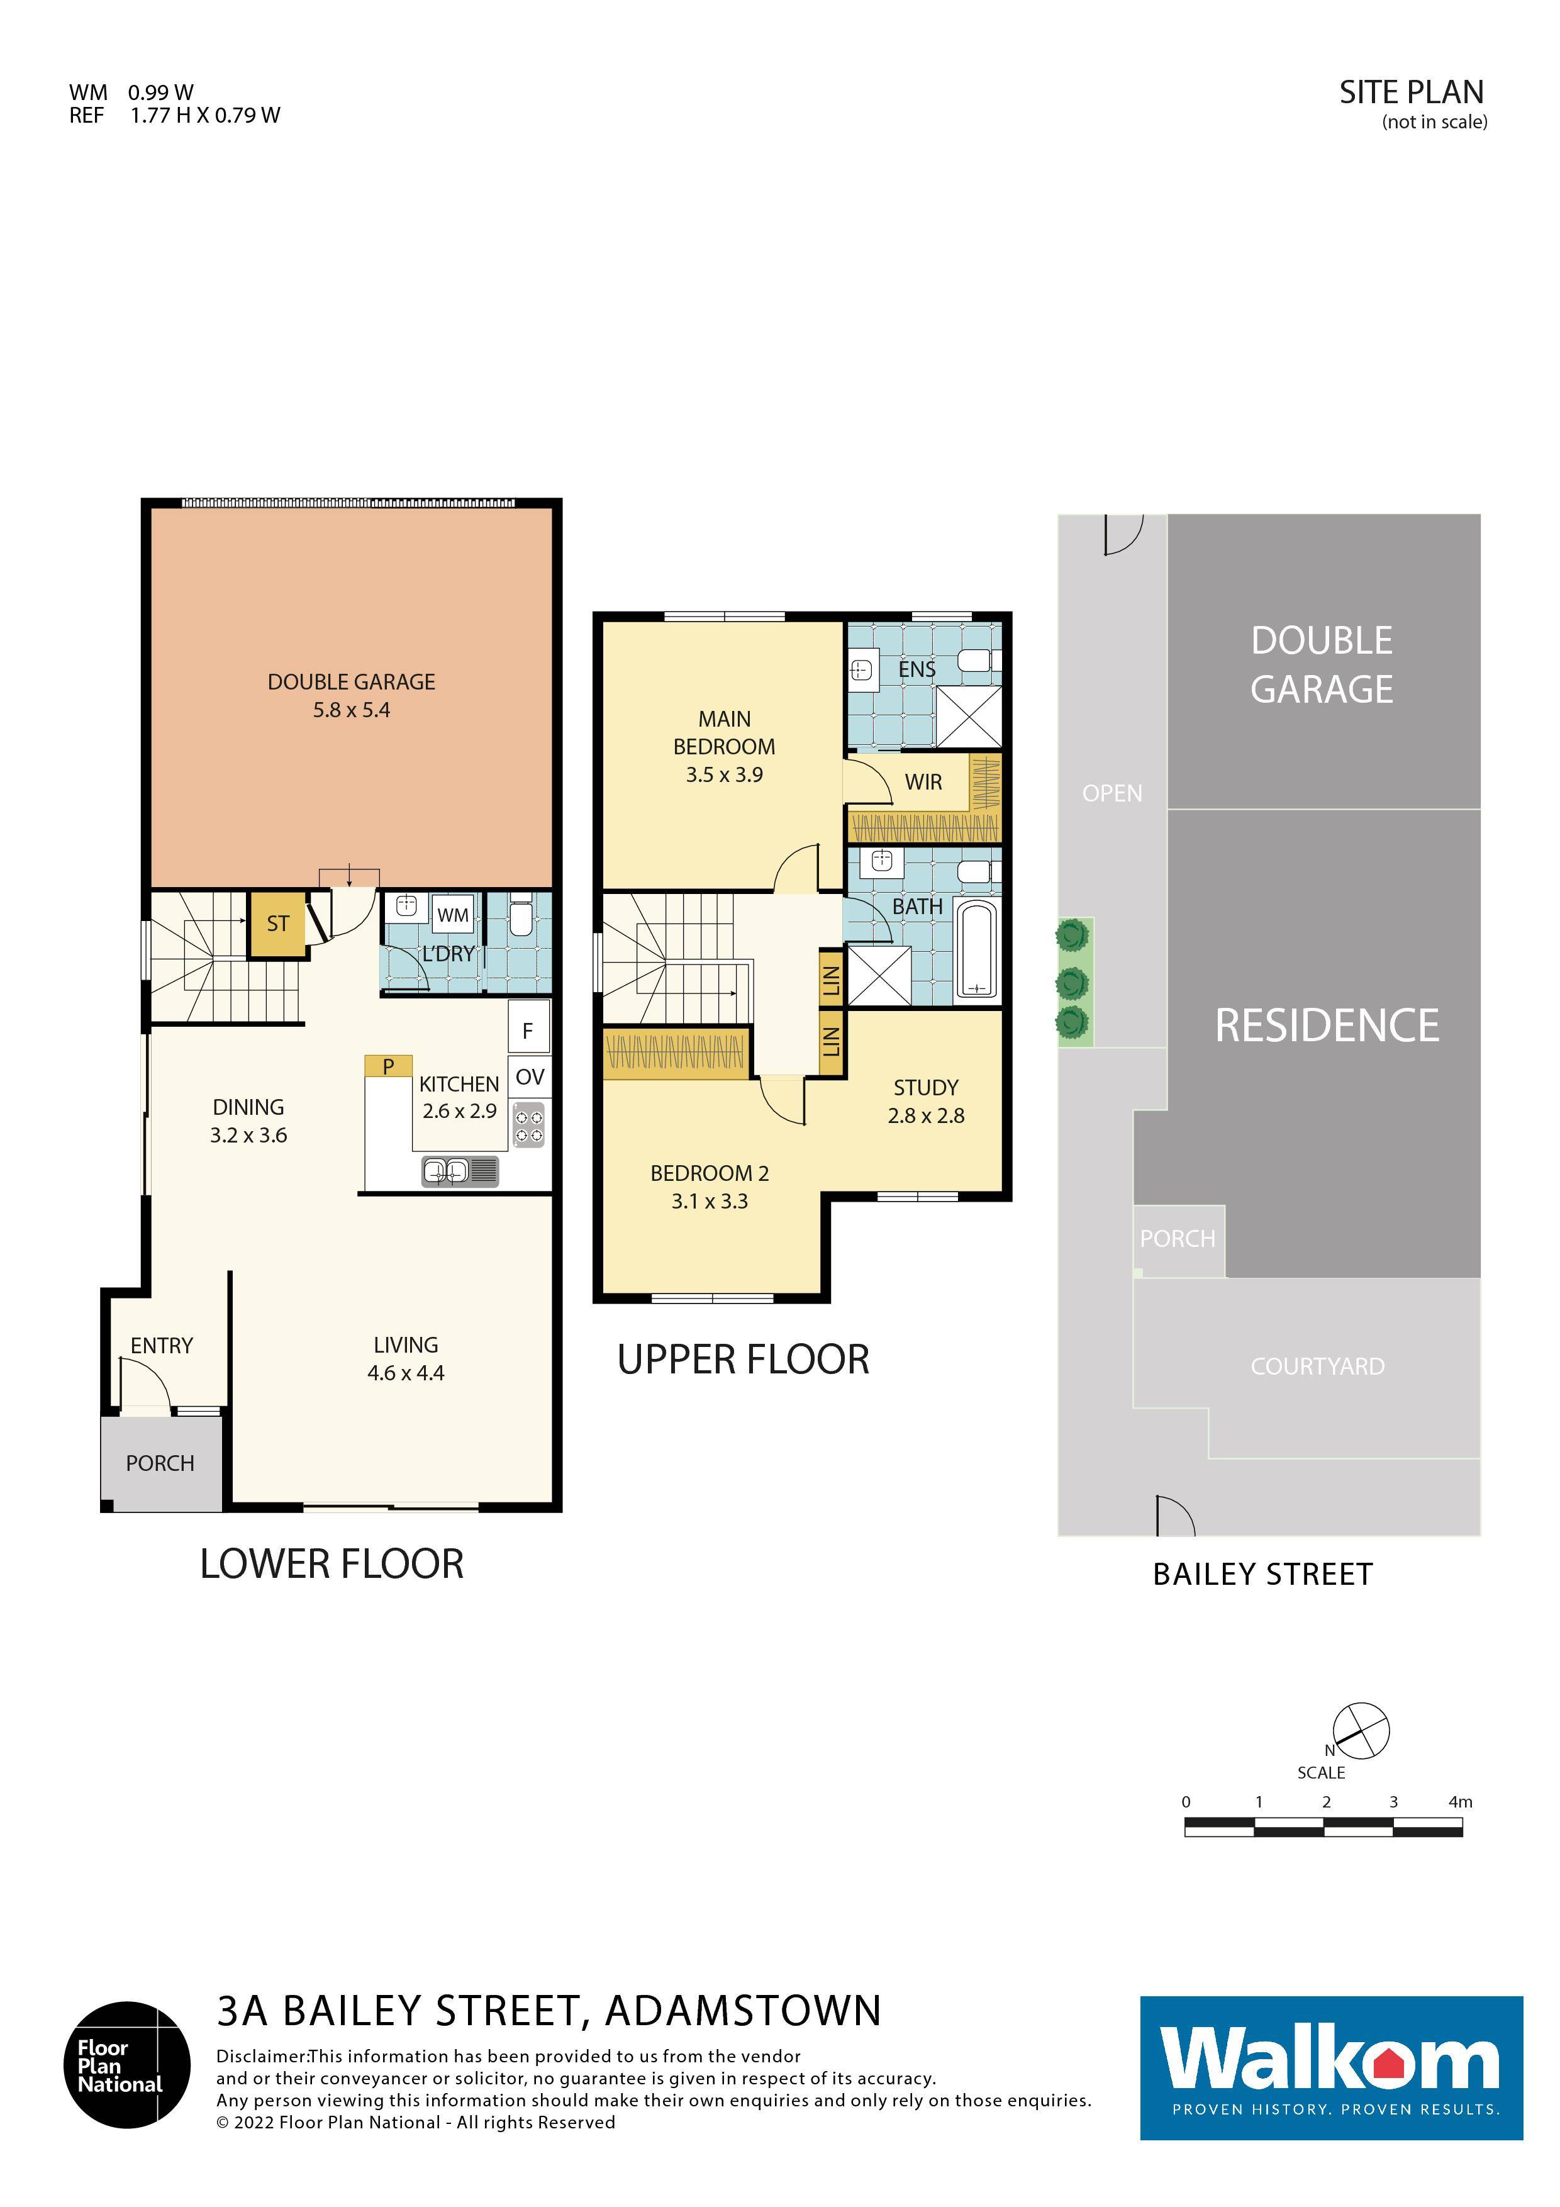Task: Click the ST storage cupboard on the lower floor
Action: [x=277, y=924]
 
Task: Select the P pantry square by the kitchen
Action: [x=388, y=1066]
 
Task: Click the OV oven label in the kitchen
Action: [x=530, y=1076]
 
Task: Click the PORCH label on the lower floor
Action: [x=160, y=1463]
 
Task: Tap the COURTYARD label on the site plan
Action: [x=1317, y=1366]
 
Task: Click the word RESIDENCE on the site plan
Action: [x=1327, y=1025]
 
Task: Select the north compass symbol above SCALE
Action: [x=1360, y=1730]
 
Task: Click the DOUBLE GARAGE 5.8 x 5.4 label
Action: [x=351, y=696]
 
